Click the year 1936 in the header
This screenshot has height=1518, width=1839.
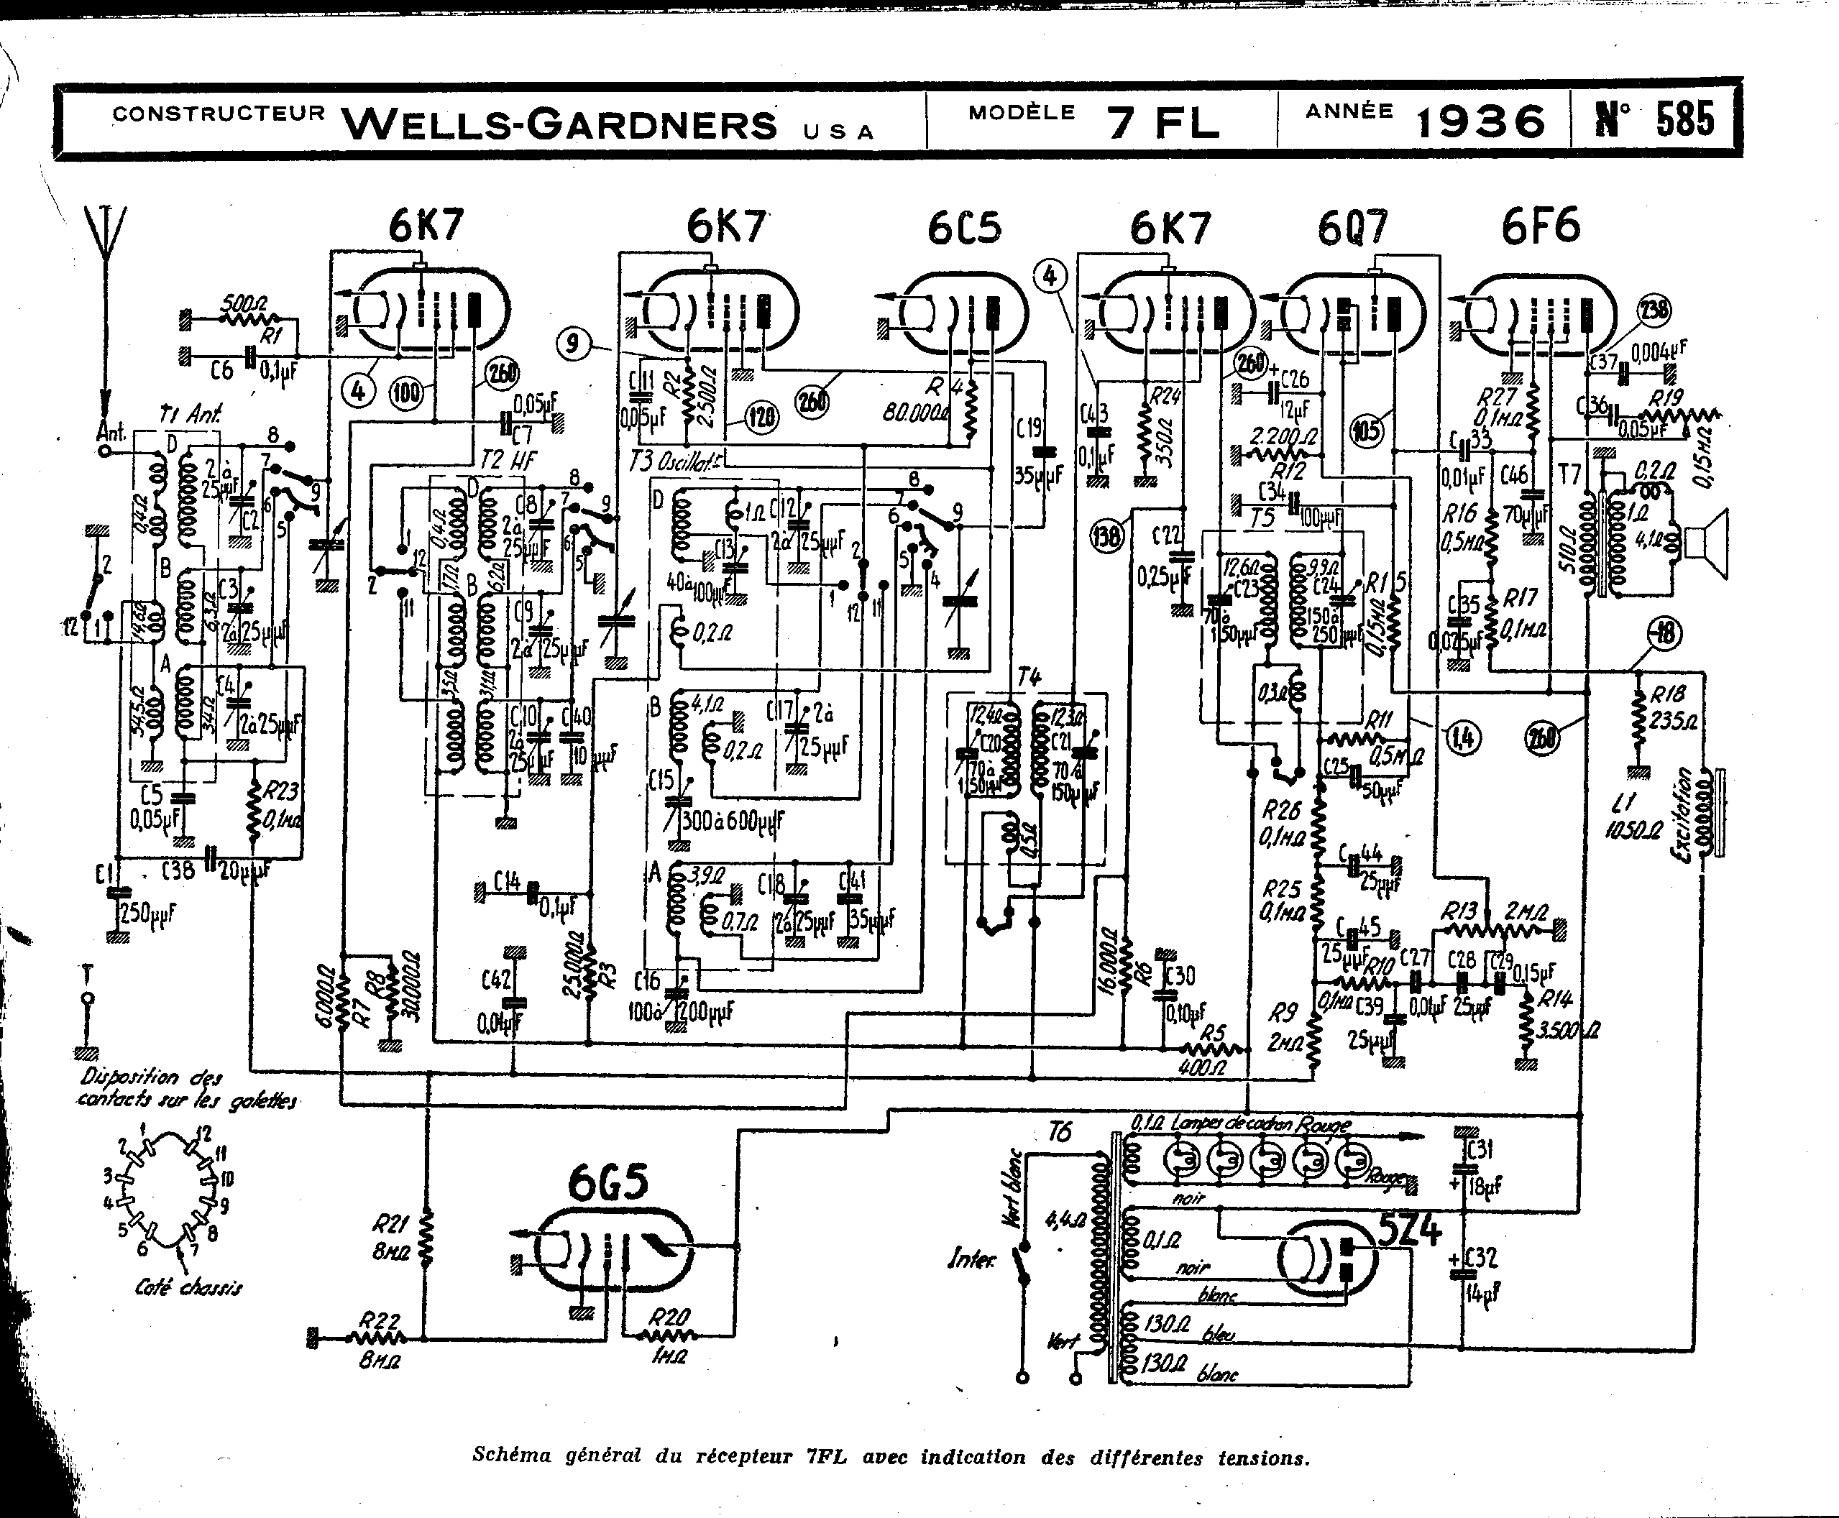coord(1480,121)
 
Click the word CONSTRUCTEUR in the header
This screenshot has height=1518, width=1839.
coord(219,114)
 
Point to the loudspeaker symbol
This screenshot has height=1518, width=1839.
coord(1710,544)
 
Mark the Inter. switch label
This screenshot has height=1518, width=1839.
coord(971,1260)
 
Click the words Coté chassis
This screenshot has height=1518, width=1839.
coord(188,1287)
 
